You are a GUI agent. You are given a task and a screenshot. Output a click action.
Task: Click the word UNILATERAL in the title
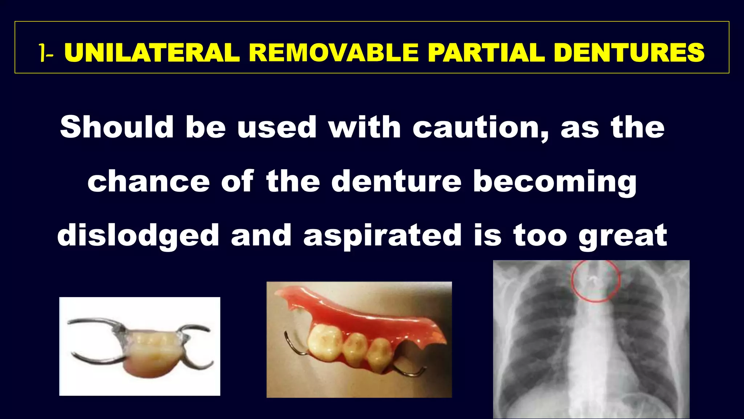pos(152,53)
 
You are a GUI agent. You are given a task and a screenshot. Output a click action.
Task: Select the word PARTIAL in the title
pos(486,53)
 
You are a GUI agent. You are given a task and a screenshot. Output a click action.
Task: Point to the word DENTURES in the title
pos(629,53)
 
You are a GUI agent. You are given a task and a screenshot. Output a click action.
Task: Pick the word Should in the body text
pos(117,127)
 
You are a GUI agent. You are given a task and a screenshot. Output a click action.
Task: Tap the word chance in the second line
pos(148,182)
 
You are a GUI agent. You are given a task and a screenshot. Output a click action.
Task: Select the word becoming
pos(555,182)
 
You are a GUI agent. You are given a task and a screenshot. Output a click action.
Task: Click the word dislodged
pos(138,236)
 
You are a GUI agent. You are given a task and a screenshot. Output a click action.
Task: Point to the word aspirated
pos(382,236)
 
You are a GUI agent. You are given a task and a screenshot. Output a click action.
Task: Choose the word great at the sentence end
pos(623,236)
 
